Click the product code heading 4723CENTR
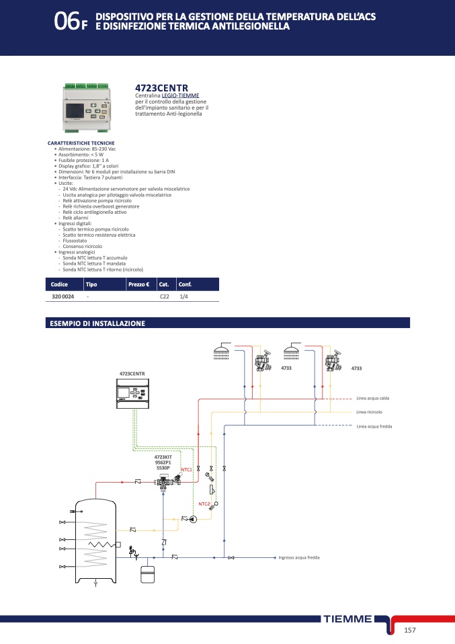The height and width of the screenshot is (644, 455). click(x=161, y=88)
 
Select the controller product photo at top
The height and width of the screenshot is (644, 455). click(x=90, y=107)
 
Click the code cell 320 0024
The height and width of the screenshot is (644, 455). click(x=63, y=296)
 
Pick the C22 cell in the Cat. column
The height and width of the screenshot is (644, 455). click(x=164, y=296)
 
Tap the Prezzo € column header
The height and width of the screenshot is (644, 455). click(x=138, y=284)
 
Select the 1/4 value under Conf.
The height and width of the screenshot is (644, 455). click(x=184, y=296)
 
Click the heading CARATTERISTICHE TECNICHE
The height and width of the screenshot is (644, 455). click(x=81, y=143)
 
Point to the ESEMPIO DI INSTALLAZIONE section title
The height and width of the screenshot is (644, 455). click(x=97, y=323)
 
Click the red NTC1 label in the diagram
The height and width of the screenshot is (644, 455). click(x=187, y=469)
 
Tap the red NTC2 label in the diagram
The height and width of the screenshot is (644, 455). click(x=204, y=504)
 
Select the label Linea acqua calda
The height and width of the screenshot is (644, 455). click(x=373, y=399)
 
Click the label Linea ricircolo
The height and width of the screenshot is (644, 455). click(x=370, y=412)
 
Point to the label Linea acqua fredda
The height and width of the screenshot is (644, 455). click(x=374, y=426)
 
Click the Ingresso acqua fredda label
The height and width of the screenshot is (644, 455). click(x=299, y=557)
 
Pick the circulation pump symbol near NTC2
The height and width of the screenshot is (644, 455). click(x=193, y=519)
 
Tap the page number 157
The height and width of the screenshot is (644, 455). click(x=411, y=630)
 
